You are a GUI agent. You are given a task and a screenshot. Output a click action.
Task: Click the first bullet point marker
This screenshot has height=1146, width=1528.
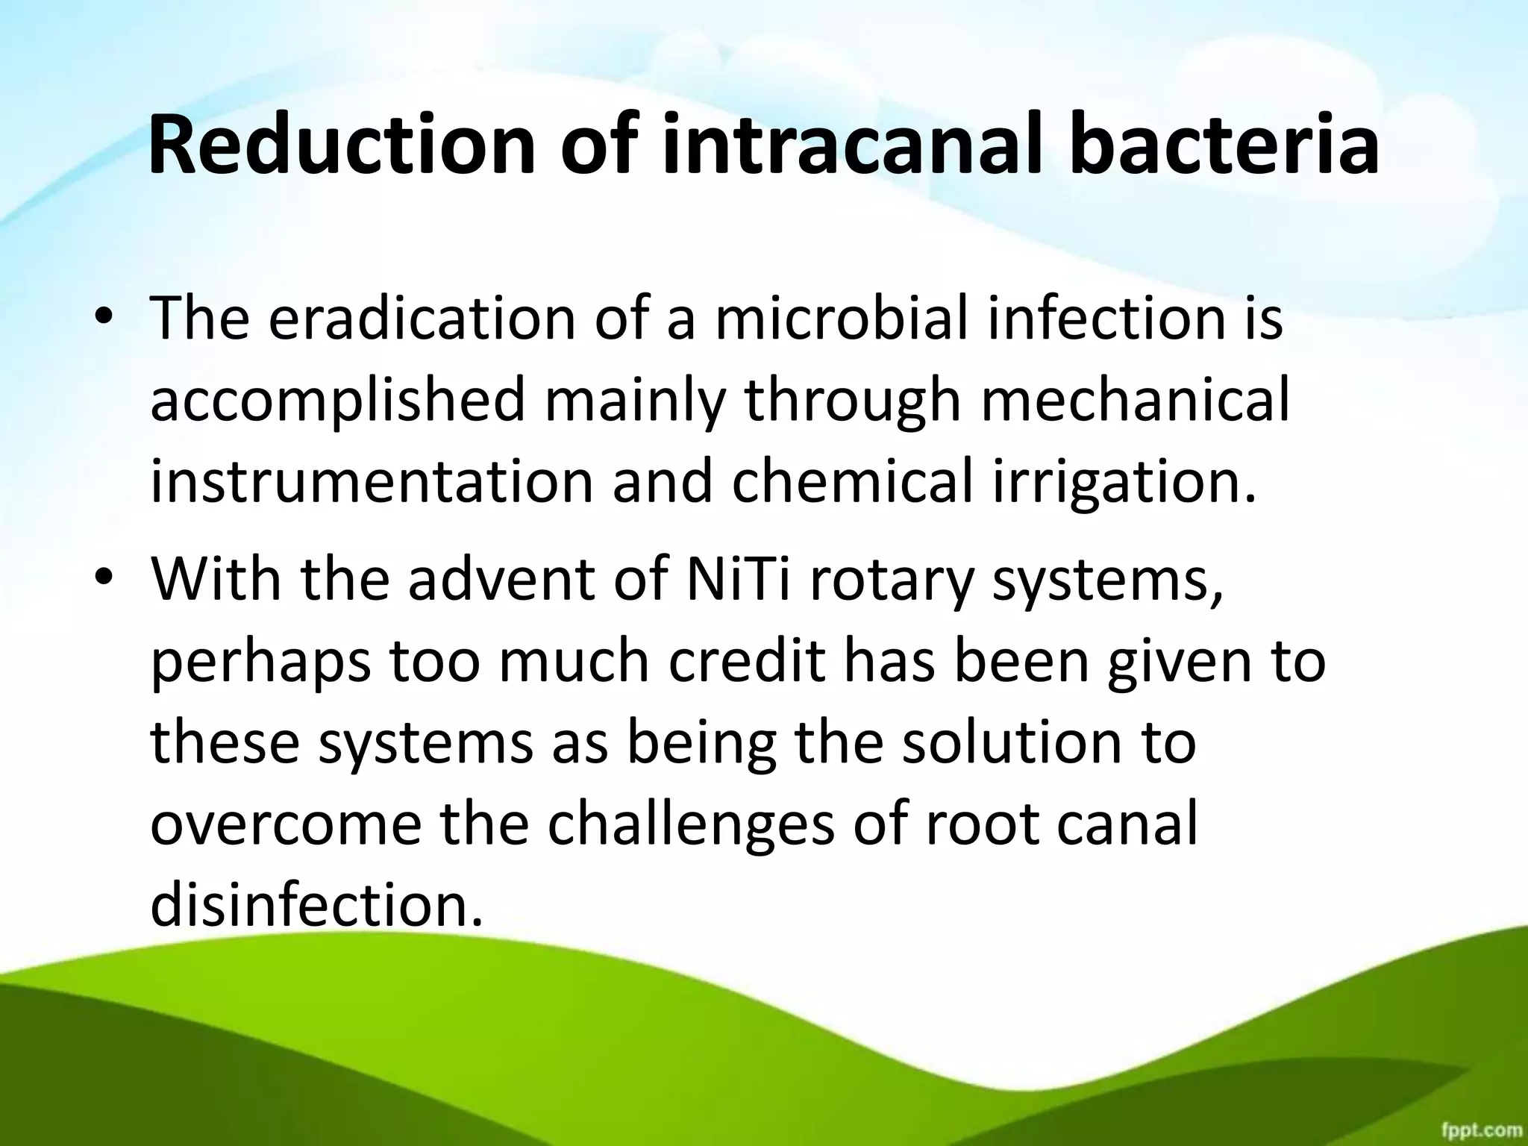[104, 319]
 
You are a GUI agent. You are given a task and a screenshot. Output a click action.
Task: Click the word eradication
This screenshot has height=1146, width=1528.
[422, 319]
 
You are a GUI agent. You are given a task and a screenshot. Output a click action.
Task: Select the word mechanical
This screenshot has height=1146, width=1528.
[1135, 400]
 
